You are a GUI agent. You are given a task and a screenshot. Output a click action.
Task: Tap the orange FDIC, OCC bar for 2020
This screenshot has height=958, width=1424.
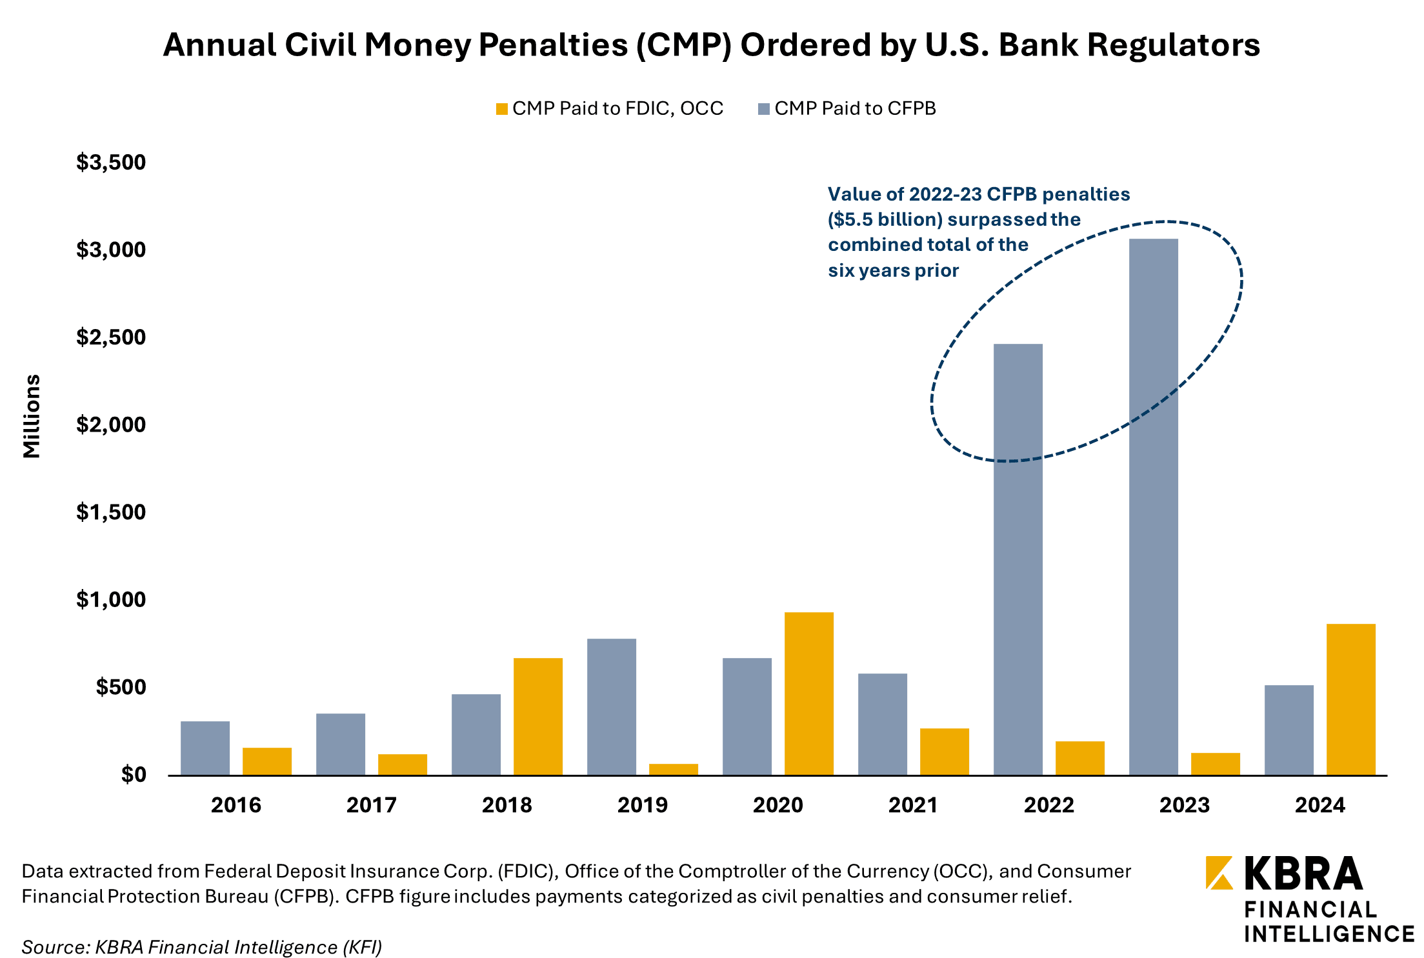click(808, 693)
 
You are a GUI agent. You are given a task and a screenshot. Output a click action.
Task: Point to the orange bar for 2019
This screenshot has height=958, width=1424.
click(673, 768)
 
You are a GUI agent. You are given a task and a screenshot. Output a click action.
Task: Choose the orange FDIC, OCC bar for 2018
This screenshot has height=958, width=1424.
click(537, 715)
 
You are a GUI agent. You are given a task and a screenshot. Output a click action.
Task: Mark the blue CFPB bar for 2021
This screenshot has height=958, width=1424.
click(882, 723)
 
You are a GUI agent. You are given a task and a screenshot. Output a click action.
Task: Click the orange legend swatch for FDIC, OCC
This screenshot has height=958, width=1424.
click(501, 109)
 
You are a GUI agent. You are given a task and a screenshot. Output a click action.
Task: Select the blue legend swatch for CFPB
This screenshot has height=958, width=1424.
click(764, 109)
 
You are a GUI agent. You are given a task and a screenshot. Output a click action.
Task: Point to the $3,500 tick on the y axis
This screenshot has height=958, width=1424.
click(111, 162)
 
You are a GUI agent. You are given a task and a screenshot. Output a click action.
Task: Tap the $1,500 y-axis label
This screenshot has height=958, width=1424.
click(111, 512)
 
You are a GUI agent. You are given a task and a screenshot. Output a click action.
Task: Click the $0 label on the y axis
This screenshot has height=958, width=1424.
click(133, 774)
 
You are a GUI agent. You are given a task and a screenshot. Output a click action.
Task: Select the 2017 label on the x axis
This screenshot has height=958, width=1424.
click(371, 805)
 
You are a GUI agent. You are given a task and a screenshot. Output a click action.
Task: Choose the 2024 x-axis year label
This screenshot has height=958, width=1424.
click(1319, 805)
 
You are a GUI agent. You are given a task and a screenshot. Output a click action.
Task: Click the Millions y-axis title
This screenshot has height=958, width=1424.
click(32, 416)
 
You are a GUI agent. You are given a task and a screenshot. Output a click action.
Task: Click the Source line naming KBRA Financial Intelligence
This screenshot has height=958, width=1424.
click(201, 946)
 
